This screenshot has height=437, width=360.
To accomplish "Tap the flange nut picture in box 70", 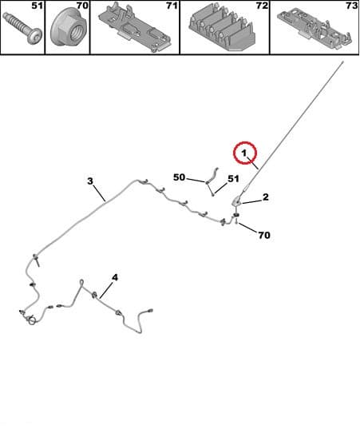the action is pyautogui.click(x=68, y=27).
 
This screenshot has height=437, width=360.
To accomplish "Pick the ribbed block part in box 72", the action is pyautogui.click(x=222, y=29).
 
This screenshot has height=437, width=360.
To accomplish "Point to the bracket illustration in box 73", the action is pyautogui.click(x=315, y=28).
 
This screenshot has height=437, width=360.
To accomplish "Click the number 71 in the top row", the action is pyautogui.click(x=172, y=5).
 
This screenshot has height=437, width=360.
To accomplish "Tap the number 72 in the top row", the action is pyautogui.click(x=262, y=5).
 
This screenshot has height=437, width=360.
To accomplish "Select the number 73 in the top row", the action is pyautogui.click(x=352, y=5).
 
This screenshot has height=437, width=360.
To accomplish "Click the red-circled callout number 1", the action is pyautogui.click(x=244, y=153).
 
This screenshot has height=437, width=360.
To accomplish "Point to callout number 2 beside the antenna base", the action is pyautogui.click(x=266, y=197).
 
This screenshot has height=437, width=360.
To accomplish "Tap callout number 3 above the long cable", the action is pyautogui.click(x=90, y=181).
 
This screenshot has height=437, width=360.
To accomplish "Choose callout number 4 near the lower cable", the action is pyautogui.click(x=115, y=277).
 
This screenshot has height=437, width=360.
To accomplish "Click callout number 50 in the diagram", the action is pyautogui.click(x=180, y=177).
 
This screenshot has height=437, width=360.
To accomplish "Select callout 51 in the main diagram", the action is pyautogui.click(x=233, y=179).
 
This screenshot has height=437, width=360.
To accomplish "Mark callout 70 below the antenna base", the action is pyautogui.click(x=264, y=235).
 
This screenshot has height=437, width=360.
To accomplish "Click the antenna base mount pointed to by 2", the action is pyautogui.click(x=236, y=201).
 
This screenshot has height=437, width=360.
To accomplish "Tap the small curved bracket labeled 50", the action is pyautogui.click(x=212, y=176).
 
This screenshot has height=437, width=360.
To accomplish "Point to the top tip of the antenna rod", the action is pyautogui.click(x=343, y=62).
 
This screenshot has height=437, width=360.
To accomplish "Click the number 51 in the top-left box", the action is pyautogui.click(x=37, y=5).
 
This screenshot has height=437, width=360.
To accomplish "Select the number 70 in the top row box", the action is pyautogui.click(x=82, y=5).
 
